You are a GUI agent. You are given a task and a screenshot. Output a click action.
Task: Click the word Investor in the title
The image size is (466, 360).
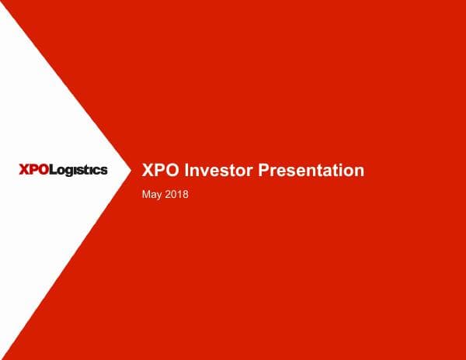coord(220,171)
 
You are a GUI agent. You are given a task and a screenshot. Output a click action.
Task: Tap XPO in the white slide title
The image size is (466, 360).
coord(161,171)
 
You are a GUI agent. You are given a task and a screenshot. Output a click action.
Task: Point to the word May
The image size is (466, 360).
coord(153,194)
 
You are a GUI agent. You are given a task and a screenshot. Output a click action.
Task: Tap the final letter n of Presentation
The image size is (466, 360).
coord(359,171)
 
